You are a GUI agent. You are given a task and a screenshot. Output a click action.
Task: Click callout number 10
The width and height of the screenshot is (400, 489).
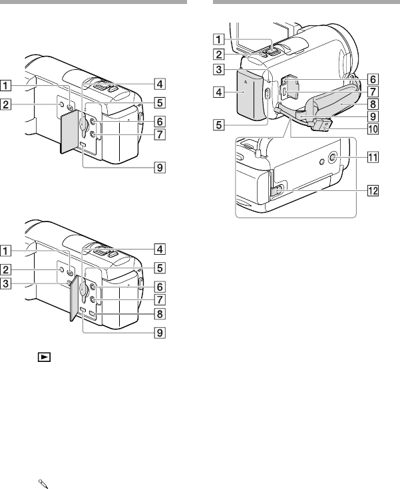click(373, 128)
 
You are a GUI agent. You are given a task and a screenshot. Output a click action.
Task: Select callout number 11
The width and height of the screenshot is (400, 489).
click(373, 157)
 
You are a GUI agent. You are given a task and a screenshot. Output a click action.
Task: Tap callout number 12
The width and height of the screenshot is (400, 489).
click(373, 190)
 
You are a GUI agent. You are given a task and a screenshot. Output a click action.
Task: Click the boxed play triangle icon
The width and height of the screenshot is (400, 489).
click(44, 357)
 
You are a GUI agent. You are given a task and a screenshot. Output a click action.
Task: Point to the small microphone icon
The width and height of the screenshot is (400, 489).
click(43, 484)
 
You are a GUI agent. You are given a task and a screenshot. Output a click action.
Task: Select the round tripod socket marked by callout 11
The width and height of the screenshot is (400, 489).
click(332, 159)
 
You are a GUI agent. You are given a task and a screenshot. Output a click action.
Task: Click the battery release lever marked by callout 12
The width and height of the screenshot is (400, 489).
click(277, 192)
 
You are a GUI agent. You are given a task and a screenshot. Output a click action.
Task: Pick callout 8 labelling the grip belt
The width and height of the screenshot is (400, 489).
click(373, 104)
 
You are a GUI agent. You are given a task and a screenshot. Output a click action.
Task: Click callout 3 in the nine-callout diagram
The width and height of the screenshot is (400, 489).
click(5, 283)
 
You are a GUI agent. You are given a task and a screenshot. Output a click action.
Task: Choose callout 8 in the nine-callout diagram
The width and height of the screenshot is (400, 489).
click(160, 314)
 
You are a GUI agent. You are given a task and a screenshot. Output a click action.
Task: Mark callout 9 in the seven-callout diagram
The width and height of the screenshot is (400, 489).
click(160, 168)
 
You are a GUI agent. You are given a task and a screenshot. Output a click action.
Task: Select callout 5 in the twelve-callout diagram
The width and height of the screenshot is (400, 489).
click(219, 125)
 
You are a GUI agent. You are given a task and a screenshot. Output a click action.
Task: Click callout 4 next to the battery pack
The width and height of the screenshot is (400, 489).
click(219, 92)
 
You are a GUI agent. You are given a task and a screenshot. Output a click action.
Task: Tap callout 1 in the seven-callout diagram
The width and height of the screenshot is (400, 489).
click(5, 85)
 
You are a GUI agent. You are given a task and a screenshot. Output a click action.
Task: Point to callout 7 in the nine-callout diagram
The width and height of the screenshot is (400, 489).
click(160, 299)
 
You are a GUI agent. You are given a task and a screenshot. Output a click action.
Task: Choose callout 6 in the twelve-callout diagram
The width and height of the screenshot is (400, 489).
click(373, 79)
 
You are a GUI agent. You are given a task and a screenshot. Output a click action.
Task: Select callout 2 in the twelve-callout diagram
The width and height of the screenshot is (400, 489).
click(219, 55)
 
